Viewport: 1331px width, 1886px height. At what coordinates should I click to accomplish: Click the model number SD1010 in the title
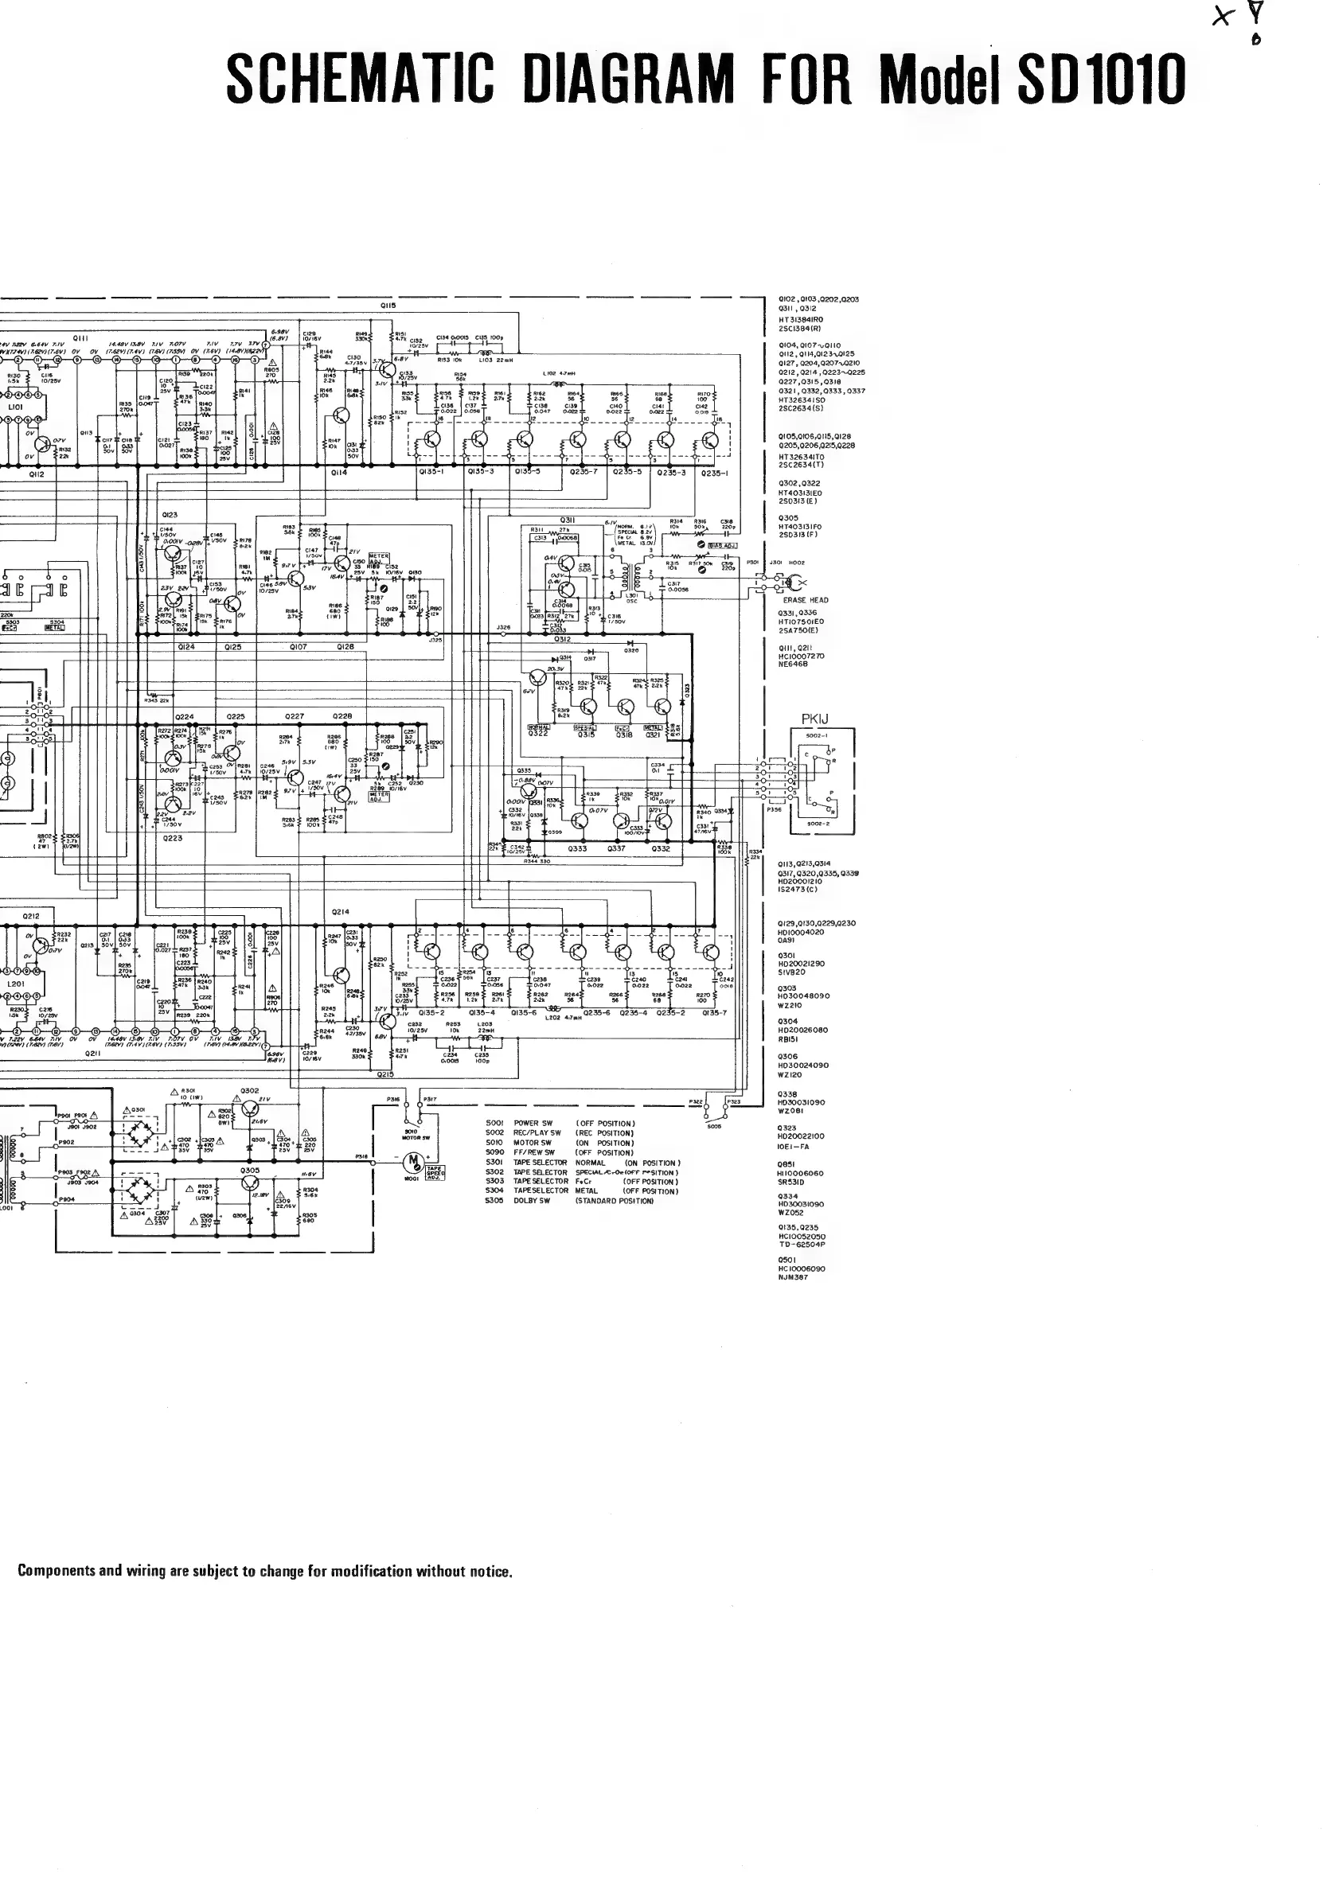click(1101, 80)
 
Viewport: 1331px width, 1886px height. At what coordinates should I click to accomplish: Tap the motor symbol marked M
click(414, 1161)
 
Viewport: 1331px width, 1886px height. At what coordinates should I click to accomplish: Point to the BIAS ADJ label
click(721, 545)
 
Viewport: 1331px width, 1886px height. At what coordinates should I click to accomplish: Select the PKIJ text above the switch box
click(815, 719)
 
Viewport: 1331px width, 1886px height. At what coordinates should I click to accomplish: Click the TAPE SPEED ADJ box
click(435, 1171)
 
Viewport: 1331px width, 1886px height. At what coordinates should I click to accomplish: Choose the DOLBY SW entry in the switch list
click(533, 1201)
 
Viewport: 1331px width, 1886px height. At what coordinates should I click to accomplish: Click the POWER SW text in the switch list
click(533, 1123)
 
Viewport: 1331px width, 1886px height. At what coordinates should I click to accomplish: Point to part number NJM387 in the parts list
click(793, 1276)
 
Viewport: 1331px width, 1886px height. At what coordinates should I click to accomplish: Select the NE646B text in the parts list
click(793, 664)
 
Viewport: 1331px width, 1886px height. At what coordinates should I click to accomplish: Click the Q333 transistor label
click(577, 848)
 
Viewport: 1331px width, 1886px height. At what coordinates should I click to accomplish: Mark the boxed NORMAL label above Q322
click(538, 727)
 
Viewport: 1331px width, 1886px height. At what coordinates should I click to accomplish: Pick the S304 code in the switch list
click(494, 1190)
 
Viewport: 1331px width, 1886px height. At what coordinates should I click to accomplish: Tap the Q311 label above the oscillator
click(567, 520)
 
